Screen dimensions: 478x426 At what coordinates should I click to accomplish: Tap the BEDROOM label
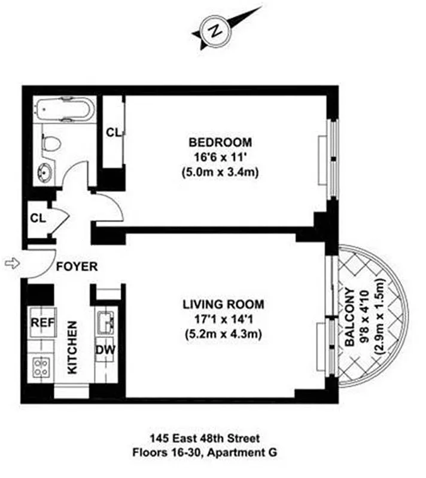(220, 143)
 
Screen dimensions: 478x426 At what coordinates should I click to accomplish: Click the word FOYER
(77, 267)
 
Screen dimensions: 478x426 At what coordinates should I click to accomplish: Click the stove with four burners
(41, 366)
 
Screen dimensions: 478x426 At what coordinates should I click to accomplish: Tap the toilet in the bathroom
(51, 143)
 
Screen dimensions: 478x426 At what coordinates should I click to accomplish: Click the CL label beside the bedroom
(112, 133)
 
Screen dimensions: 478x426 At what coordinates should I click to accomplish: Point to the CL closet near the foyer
(38, 218)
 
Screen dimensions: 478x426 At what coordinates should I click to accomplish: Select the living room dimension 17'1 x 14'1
(223, 318)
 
